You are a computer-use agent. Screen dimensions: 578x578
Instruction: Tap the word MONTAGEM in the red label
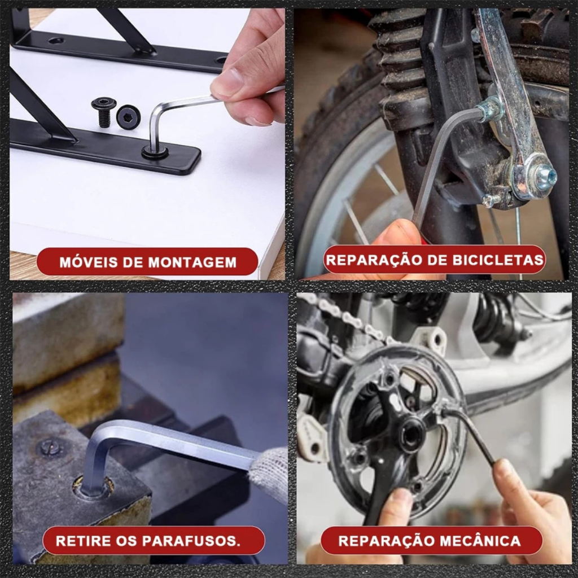point(192,262)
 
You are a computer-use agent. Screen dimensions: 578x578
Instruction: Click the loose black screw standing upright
point(102,112)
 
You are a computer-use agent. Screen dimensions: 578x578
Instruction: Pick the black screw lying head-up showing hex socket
point(128,116)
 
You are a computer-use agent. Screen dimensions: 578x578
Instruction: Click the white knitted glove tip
point(269,475)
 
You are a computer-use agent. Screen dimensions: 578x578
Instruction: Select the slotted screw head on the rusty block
point(50,448)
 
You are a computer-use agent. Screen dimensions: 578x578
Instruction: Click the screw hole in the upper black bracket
point(55,40)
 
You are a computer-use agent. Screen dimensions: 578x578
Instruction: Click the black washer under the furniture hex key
point(155,152)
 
